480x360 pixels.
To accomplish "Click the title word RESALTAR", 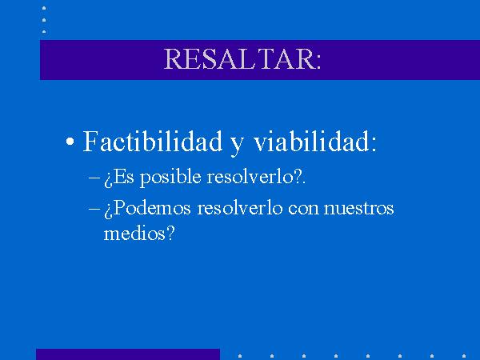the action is tap(239, 58).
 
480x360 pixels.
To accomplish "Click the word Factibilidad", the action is tap(153, 141).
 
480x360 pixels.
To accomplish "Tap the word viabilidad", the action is tap(311, 141).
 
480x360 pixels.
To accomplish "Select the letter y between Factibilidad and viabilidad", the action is tap(238, 146).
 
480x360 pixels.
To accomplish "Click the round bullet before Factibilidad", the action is tap(70, 142).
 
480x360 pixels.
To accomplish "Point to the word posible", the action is tap(170, 178).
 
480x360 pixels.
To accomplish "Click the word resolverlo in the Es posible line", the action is tap(250, 177).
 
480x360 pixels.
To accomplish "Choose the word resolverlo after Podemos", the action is tap(240, 208).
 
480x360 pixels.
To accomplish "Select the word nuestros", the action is tap(358, 209).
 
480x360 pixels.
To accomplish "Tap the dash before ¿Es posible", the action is tap(94, 178).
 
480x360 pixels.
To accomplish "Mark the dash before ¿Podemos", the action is tap(94, 209).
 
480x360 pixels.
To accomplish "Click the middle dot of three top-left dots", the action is tap(44, 20).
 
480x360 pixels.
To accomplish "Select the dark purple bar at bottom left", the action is tap(128, 354).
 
